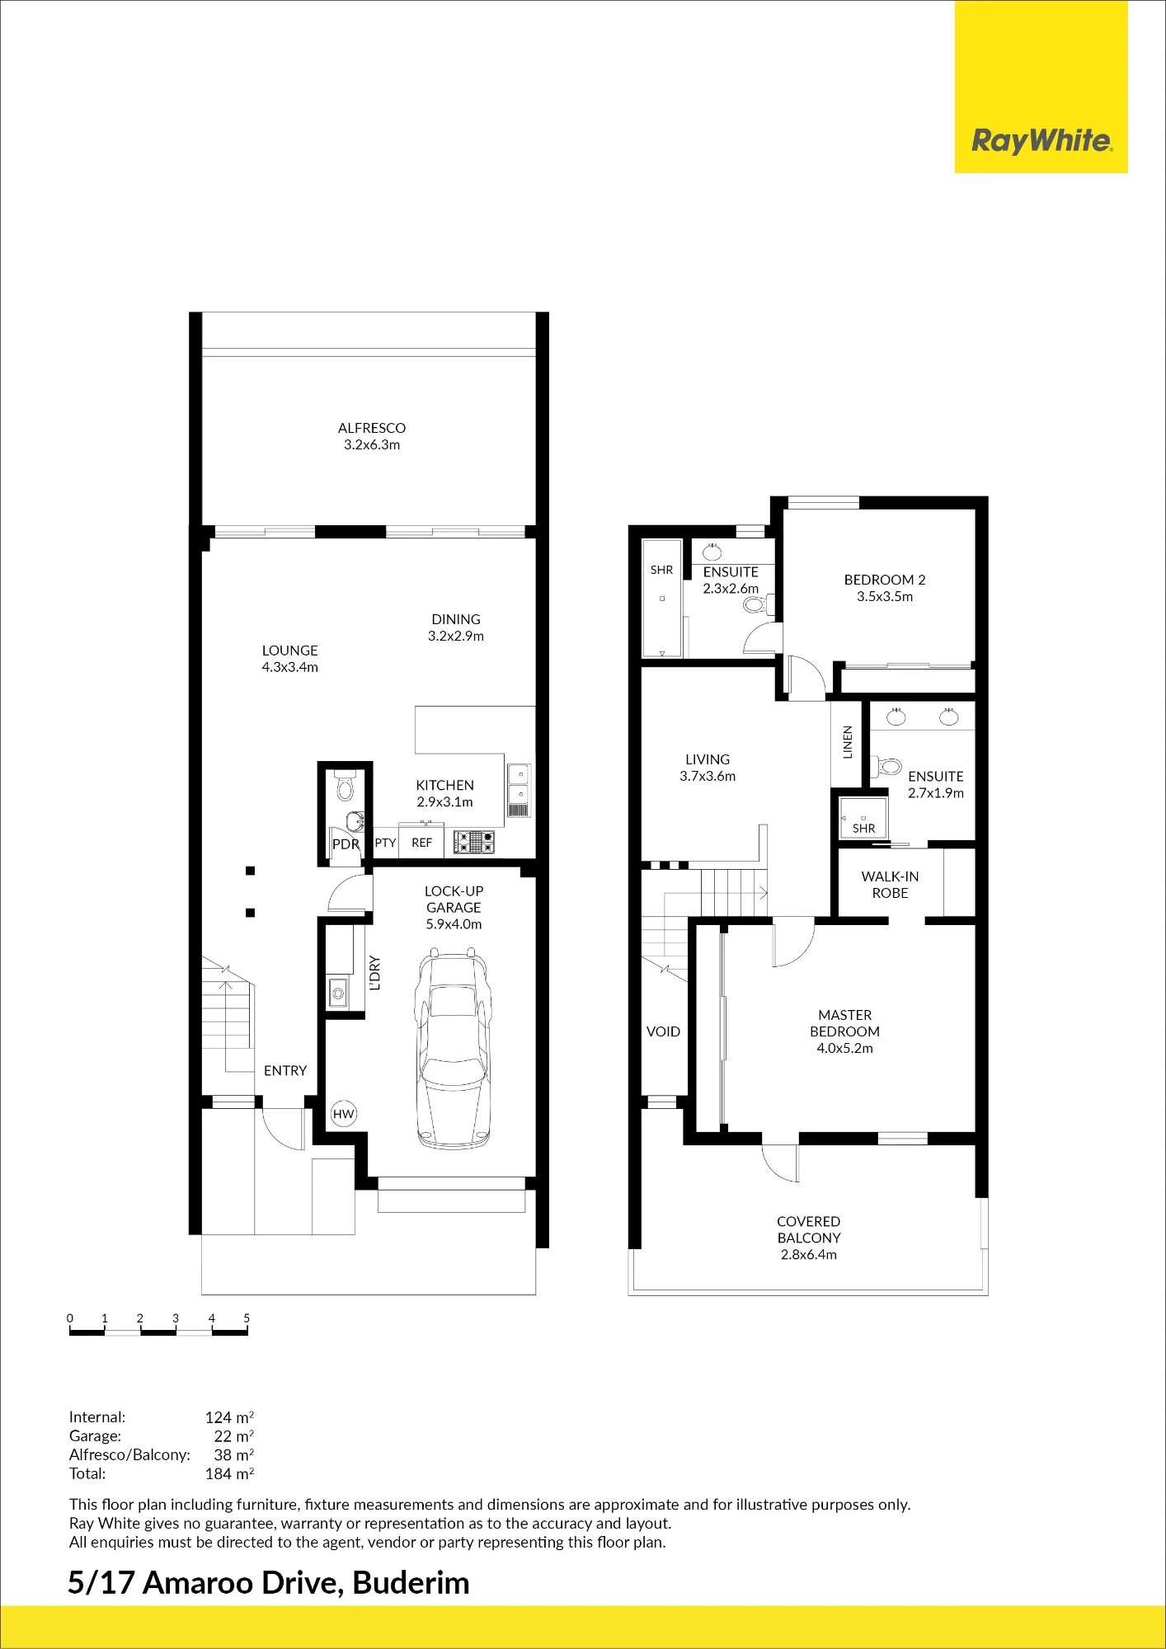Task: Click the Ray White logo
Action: click(1041, 140)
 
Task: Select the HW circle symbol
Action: click(343, 1114)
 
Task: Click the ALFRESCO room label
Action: click(372, 428)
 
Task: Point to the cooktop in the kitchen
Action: click(474, 842)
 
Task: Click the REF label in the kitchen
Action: click(421, 843)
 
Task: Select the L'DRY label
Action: click(375, 973)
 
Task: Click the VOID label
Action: click(663, 1031)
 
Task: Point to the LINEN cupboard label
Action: click(848, 742)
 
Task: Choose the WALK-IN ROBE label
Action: click(890, 885)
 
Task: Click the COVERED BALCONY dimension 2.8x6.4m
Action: click(809, 1255)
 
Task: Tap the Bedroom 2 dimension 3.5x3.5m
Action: click(885, 597)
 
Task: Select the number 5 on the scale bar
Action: click(247, 1318)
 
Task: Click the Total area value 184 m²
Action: click(229, 1473)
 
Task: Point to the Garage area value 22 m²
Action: click(233, 1436)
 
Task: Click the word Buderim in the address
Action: click(411, 1583)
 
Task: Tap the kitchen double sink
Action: click(520, 784)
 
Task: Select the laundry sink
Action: click(338, 993)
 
